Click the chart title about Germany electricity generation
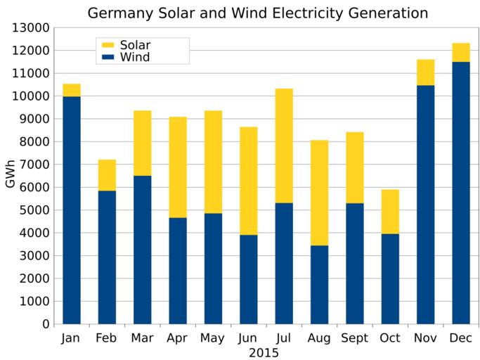(x=257, y=13)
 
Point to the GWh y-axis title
(x=10, y=176)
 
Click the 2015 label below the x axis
(x=264, y=352)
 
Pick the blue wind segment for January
(x=72, y=210)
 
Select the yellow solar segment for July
(x=284, y=146)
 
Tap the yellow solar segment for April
(x=178, y=167)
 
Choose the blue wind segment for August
(x=319, y=285)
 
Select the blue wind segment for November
(x=425, y=205)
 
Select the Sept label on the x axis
(x=354, y=338)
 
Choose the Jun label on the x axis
(x=248, y=338)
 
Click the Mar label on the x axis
(x=142, y=338)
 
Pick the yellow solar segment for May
(x=213, y=162)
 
